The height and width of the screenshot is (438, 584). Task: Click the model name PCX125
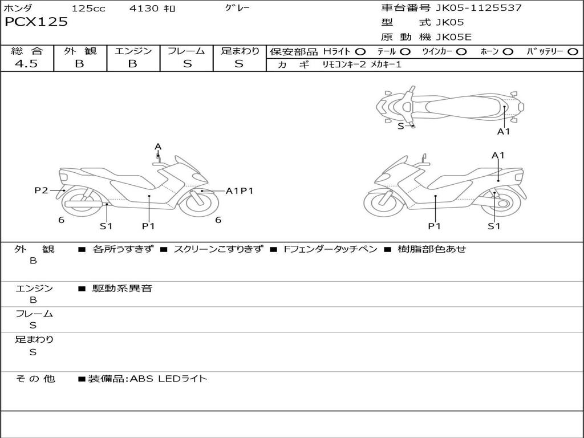click(x=36, y=22)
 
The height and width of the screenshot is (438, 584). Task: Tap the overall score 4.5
click(x=26, y=64)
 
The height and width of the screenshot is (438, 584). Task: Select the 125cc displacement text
click(x=88, y=9)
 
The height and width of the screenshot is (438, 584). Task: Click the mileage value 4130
click(x=145, y=9)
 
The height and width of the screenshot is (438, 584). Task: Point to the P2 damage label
click(x=41, y=190)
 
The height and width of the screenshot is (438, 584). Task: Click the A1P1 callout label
click(x=240, y=191)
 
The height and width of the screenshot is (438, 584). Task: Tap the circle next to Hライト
click(x=360, y=52)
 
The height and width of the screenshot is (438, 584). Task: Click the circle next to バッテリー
click(x=573, y=52)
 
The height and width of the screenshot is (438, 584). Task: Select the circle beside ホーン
click(x=508, y=52)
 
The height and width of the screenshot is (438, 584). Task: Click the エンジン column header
click(x=133, y=51)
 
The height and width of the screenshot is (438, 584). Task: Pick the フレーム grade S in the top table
click(x=186, y=64)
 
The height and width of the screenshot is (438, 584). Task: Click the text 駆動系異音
click(x=123, y=289)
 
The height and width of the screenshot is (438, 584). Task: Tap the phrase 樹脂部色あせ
click(x=432, y=249)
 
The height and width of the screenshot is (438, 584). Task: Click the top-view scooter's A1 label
click(x=504, y=132)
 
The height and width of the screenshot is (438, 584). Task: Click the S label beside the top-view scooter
click(x=401, y=126)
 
